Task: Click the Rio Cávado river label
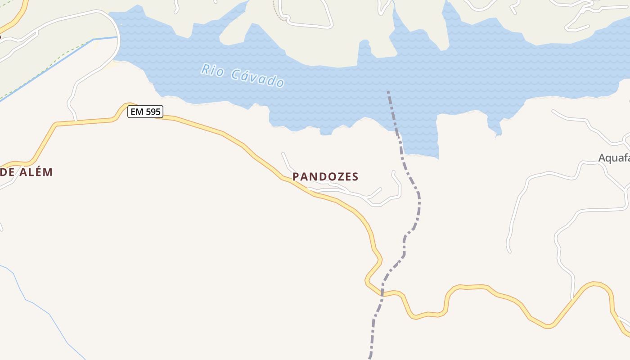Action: [x=243, y=76]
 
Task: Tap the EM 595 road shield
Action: [x=145, y=112]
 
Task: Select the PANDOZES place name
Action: [x=325, y=176]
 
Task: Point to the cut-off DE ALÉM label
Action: [x=27, y=172]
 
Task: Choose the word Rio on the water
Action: [x=212, y=70]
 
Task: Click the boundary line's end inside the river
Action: [x=388, y=92]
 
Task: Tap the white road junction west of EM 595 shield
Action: [x=76, y=120]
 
